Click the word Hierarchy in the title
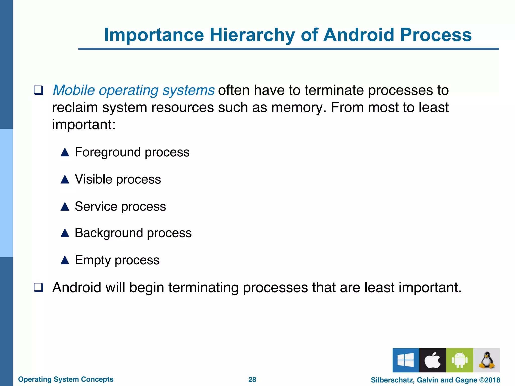(252, 35)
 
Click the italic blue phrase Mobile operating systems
(134, 90)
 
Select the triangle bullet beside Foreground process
(65, 152)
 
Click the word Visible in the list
(93, 179)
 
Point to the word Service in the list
(96, 207)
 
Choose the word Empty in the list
(93, 260)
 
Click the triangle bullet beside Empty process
(65, 260)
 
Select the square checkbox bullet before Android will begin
(38, 287)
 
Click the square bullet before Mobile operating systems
(38, 90)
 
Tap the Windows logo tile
(406, 360)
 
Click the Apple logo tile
(433, 360)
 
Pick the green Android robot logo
(459, 360)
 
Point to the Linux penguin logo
(486, 360)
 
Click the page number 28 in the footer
(252, 379)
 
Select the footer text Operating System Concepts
(66, 379)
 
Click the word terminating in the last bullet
(203, 287)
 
